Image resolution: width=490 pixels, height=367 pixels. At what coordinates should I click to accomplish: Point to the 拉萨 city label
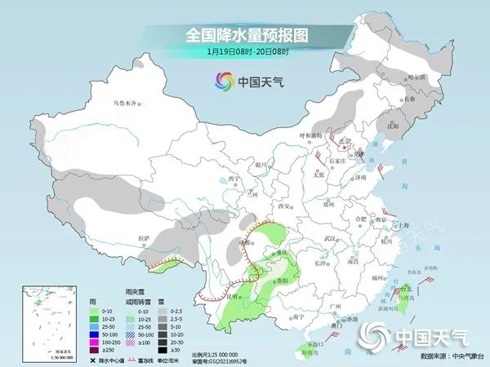click(x=145, y=238)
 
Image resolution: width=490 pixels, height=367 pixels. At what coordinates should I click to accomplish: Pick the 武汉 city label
click(x=330, y=237)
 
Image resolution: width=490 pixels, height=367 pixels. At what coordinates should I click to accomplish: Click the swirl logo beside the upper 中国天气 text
click(x=224, y=82)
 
